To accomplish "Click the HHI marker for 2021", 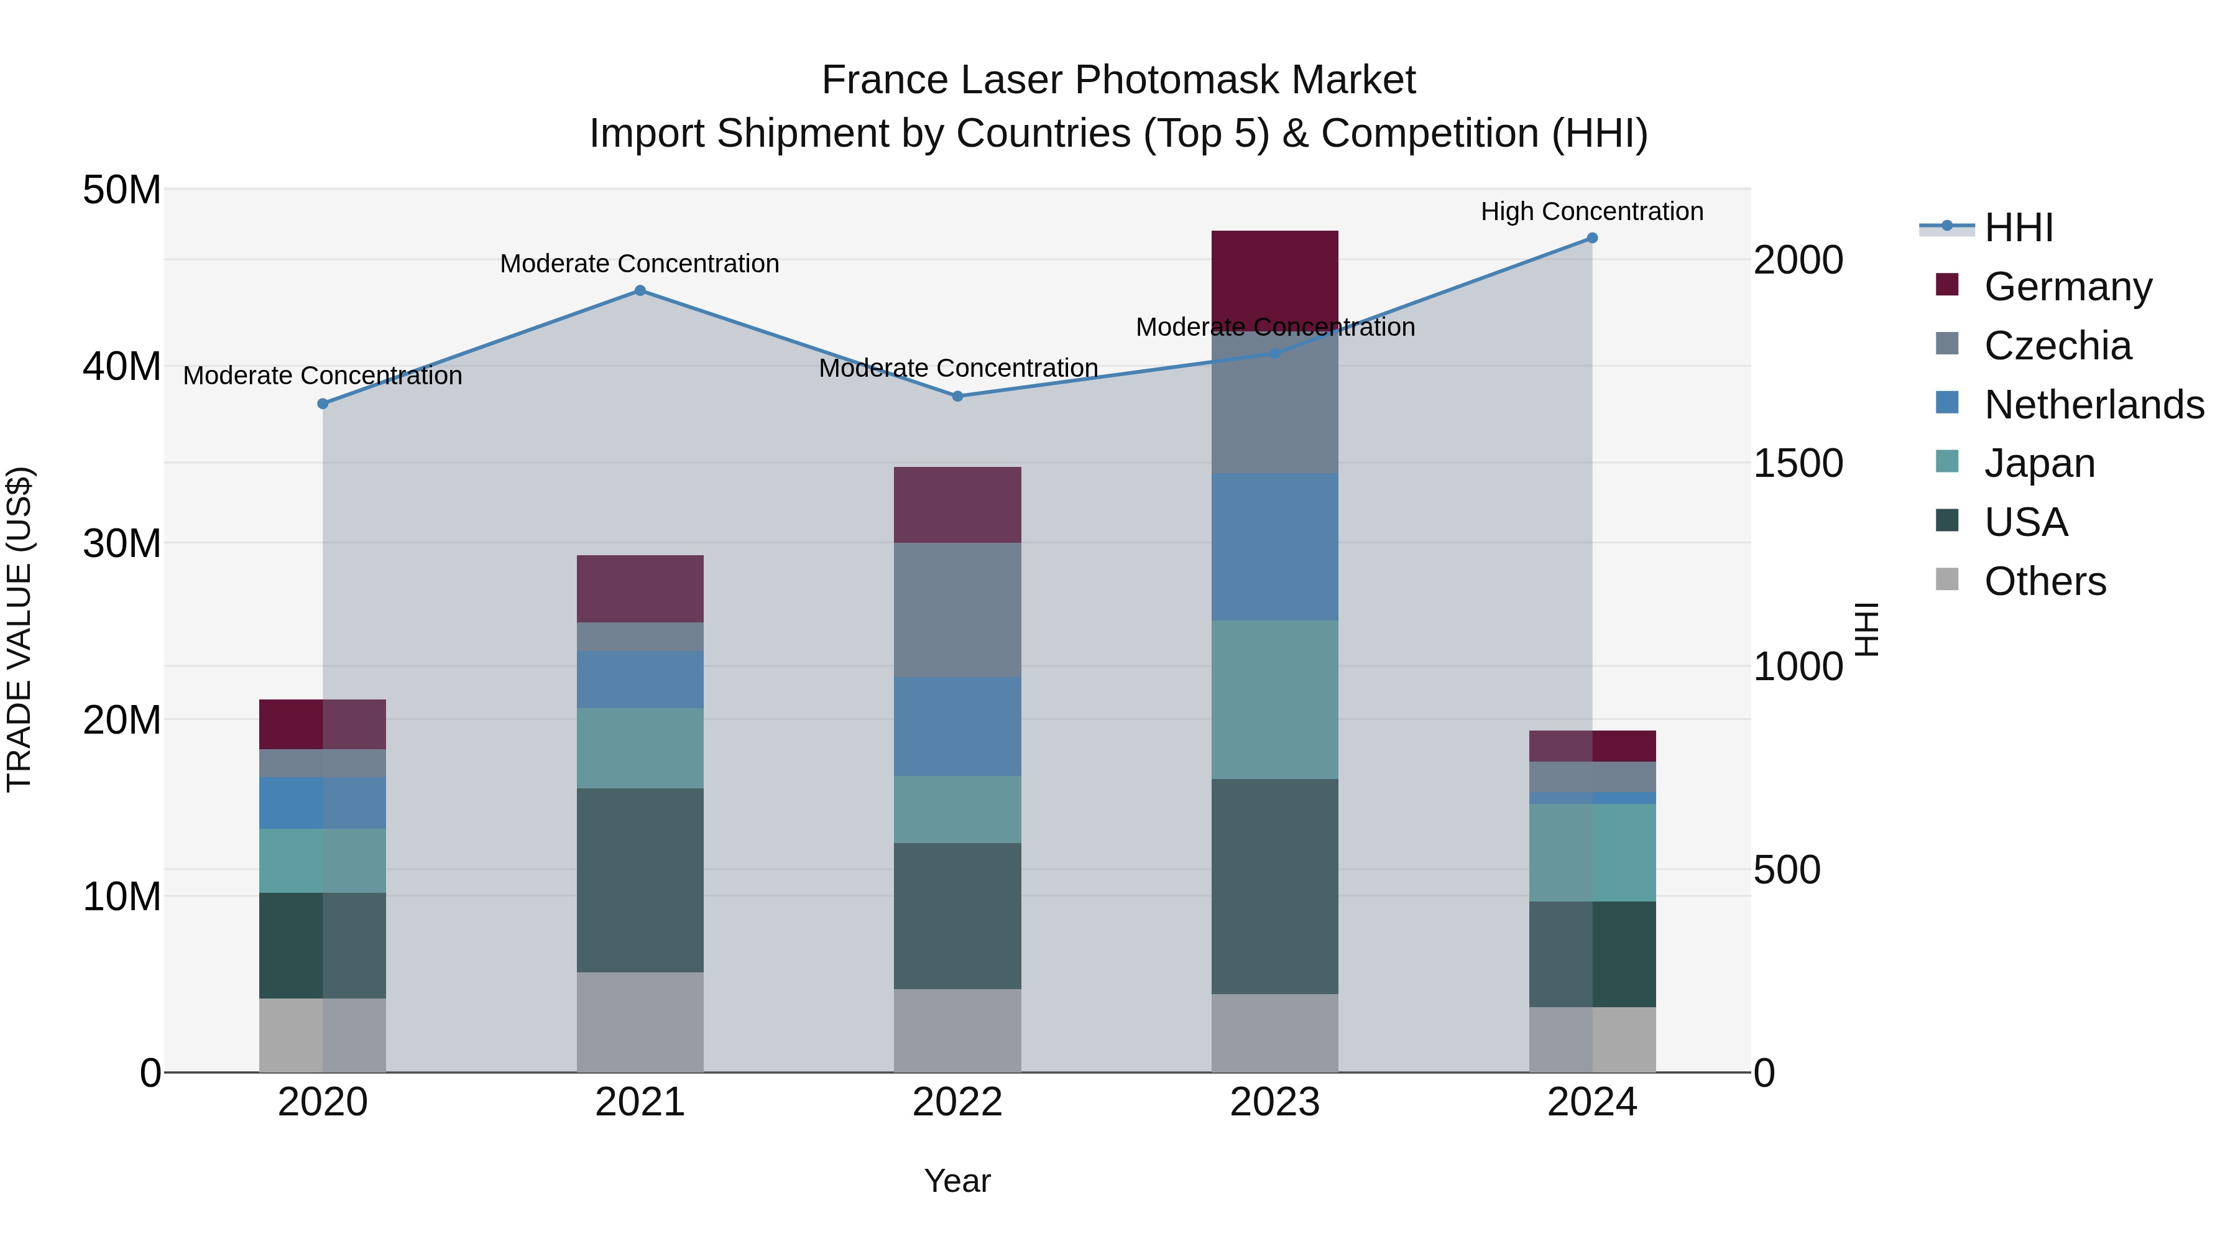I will pos(640,290).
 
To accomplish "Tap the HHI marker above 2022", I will pos(957,396).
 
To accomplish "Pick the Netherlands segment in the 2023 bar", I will pos(1274,546).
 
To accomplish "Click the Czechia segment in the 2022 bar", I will pos(957,609).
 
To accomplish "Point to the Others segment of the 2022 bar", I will pos(957,1030).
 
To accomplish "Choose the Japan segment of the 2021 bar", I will pos(640,747).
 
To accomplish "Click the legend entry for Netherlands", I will pos(2094,405).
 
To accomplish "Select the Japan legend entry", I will pos(2039,463).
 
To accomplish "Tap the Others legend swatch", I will pos(1947,579).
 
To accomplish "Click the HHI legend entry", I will pos(2018,228).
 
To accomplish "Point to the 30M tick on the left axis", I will pos(122,544).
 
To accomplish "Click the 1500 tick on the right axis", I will pos(1797,463).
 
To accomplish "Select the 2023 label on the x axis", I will pos(1274,1102).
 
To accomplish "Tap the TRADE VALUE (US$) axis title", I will pos(19,629).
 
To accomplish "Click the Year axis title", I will pos(957,1181).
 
